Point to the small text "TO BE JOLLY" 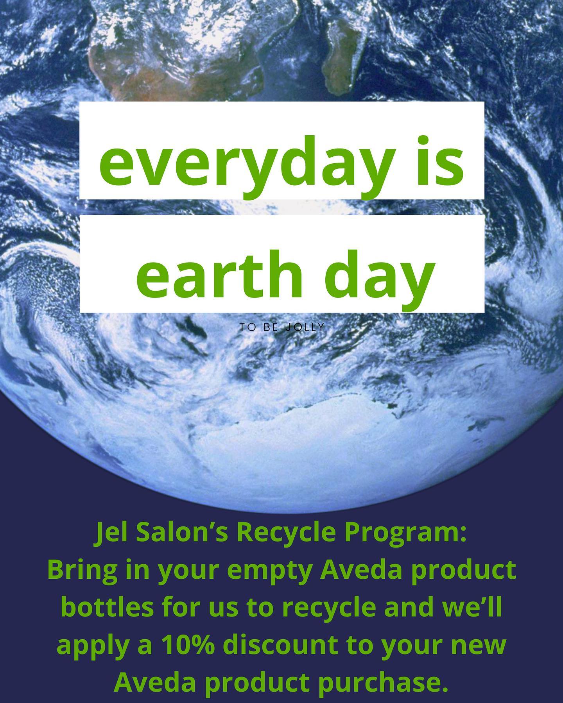tap(282, 327)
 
